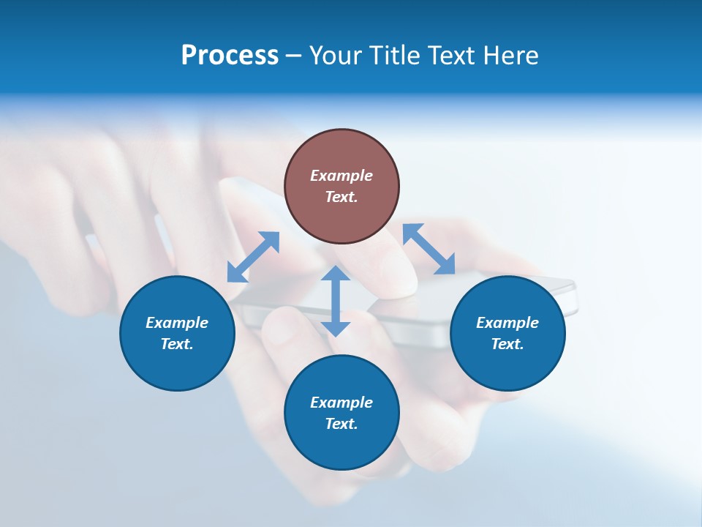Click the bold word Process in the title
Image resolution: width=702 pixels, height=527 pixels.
pos(230,56)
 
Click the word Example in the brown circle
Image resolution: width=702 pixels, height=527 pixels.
pos(341,176)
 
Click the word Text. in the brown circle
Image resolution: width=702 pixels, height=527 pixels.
pos(341,197)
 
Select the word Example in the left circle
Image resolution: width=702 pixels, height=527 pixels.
pos(177,323)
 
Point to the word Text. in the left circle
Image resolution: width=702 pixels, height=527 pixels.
pos(177,344)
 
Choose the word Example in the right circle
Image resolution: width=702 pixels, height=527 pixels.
pos(507,323)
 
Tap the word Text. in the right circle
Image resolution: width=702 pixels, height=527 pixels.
pos(507,344)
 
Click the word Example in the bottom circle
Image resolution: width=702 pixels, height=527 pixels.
pos(341,403)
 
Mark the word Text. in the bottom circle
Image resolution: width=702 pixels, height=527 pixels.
pos(341,424)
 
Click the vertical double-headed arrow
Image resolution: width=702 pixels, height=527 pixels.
pos(336,301)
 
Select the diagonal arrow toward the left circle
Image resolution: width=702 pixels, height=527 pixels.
pos(253,257)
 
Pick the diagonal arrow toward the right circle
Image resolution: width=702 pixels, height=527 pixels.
pos(429,249)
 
